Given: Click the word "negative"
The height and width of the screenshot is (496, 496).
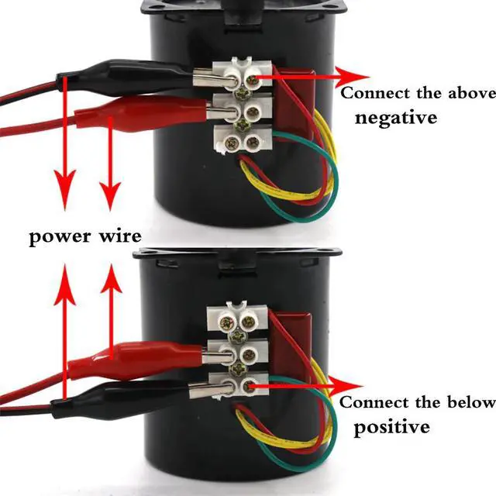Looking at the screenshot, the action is tap(396, 117).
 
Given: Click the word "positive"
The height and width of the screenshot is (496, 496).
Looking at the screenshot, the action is tap(392, 427).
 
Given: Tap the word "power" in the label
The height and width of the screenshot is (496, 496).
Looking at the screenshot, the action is tap(60, 237).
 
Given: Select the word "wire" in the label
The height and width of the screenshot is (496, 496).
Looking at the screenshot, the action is tap(120, 236).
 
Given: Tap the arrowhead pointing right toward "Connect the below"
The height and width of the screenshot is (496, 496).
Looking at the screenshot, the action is tap(346, 386).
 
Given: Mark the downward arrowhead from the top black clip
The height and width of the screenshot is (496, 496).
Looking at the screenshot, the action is tap(65, 189).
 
